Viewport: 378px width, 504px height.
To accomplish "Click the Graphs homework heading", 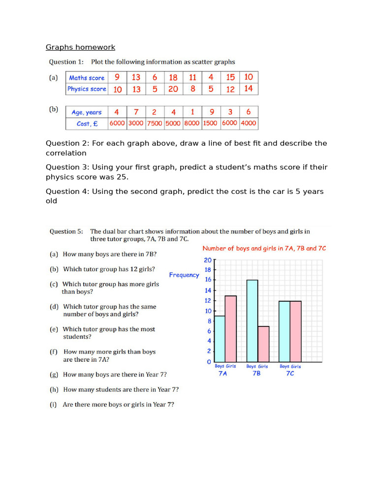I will tap(80, 47).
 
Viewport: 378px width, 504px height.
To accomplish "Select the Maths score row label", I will tap(87, 78).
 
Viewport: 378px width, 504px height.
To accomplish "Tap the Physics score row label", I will tap(87, 89).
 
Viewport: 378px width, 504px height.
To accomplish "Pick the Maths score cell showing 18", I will tap(173, 78).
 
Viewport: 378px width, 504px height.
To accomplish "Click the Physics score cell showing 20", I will tap(173, 89).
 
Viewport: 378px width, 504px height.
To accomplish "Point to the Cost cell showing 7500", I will tap(155, 124).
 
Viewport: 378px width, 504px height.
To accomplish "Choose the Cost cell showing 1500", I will tap(210, 124).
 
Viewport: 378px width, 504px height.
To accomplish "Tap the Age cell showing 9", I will tap(210, 112).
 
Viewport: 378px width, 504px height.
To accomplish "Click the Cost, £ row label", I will tap(87, 124).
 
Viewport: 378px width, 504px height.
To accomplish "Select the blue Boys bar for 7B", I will tap(252, 321).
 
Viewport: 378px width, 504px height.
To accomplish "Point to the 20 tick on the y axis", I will tap(208, 260).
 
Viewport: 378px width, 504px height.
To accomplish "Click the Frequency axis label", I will tap(184, 275).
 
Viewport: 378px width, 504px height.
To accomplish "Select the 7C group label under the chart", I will tap(290, 374).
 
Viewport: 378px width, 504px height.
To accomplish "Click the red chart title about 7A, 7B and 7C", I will tap(264, 249).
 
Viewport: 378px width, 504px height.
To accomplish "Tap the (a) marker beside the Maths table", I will tap(53, 78).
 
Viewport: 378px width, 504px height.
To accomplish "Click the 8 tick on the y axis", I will tap(209, 321).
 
